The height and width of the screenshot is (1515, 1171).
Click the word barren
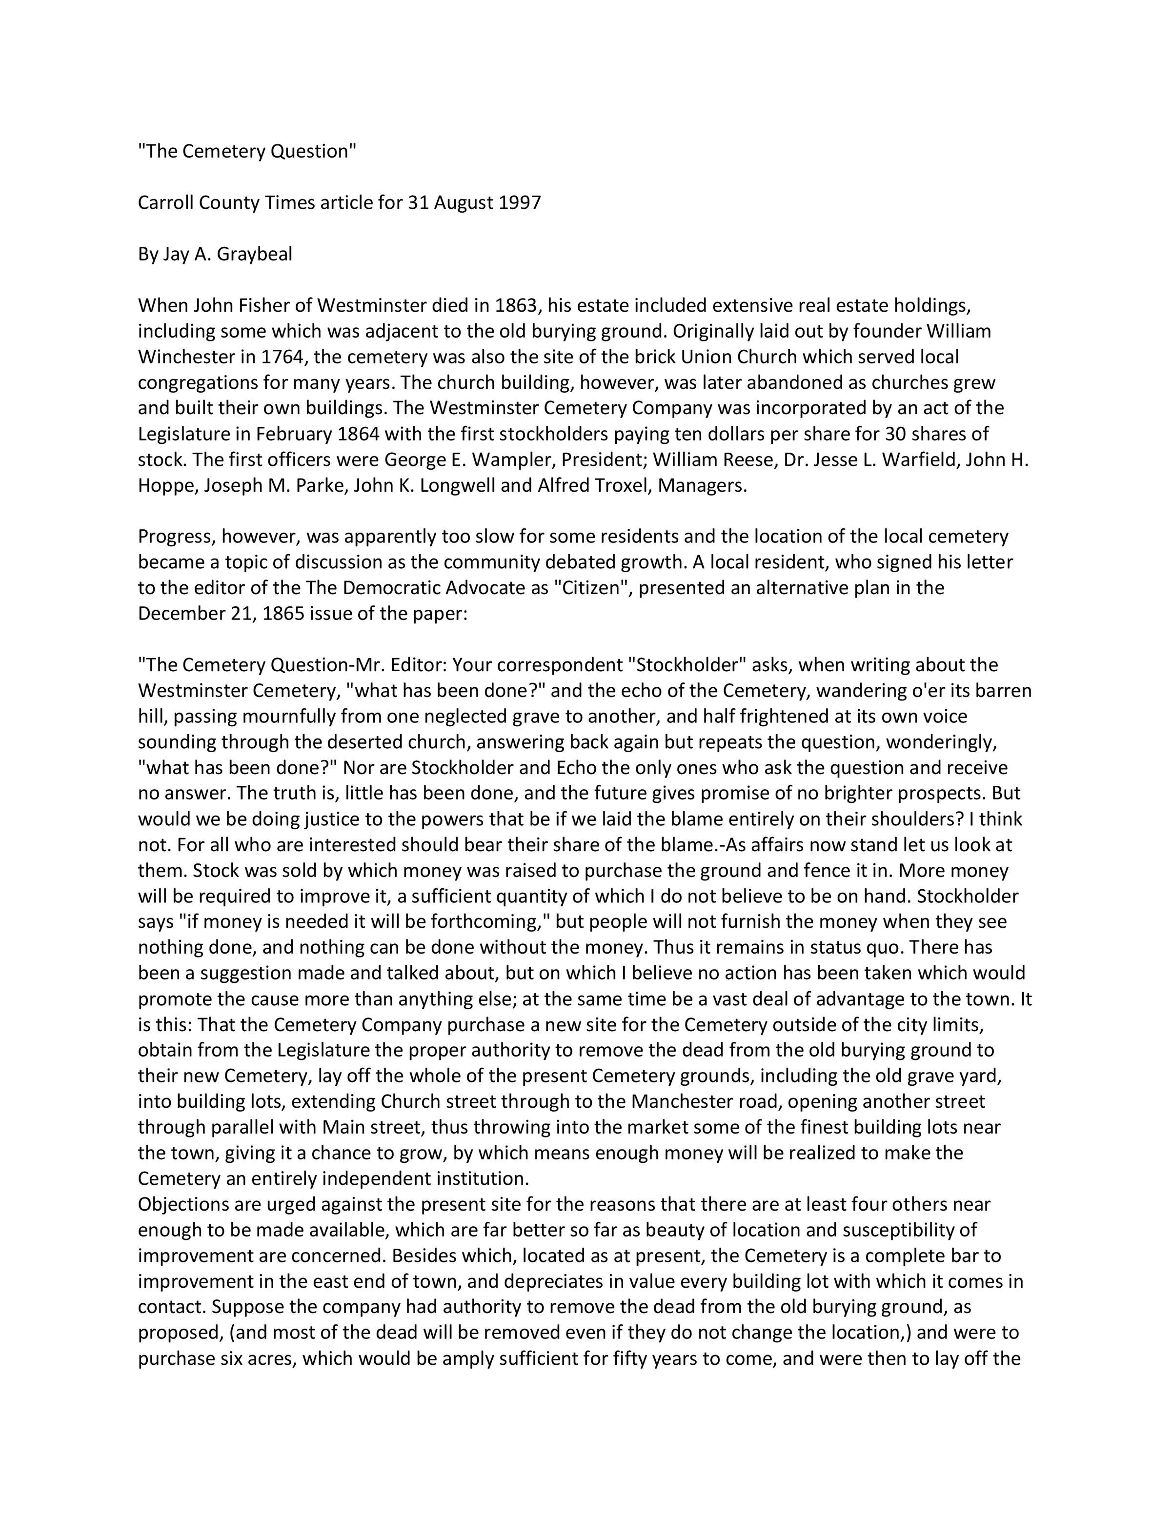click(x=1004, y=690)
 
